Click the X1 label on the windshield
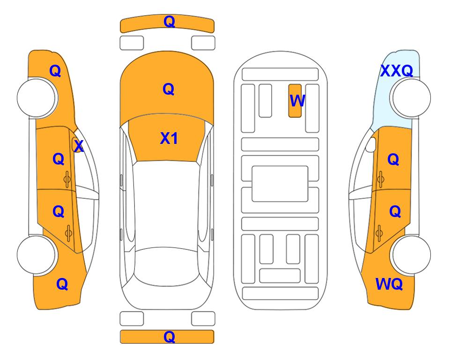pos(169,138)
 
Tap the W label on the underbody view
pos(297,100)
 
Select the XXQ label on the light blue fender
pos(397,71)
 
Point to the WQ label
pos(389,284)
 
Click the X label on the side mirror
pos(79,146)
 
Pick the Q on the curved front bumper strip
pos(169,22)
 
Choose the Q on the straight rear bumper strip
pos(169,337)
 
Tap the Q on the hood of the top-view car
pos(169,89)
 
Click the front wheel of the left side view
pos(37,98)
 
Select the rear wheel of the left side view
pos(37,255)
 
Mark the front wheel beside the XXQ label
pos(411,98)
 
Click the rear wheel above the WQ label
pos(411,255)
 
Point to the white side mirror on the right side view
pos(371,144)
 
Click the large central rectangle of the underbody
pos(280,184)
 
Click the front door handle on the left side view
pos(67,180)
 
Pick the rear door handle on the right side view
pos(379,233)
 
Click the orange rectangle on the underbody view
pos(295,101)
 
